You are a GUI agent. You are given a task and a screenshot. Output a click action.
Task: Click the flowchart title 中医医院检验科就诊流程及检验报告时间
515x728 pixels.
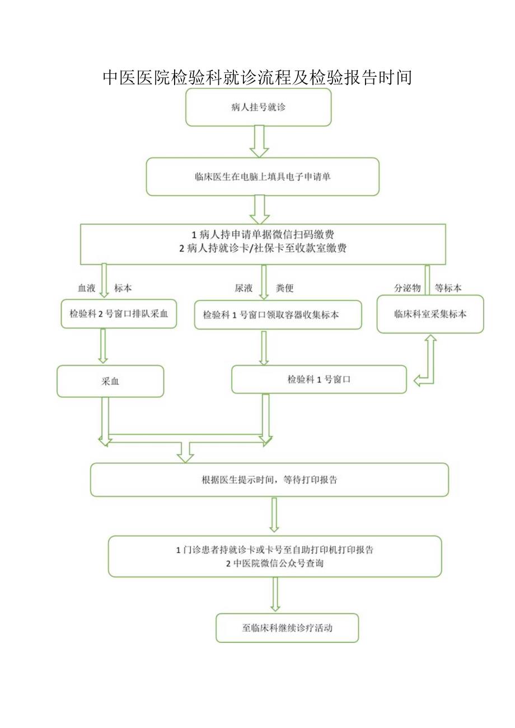coord(257,77)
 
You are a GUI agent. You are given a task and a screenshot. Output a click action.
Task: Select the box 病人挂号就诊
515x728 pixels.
coord(258,107)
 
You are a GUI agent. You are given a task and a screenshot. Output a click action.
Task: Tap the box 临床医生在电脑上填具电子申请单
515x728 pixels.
coord(263,176)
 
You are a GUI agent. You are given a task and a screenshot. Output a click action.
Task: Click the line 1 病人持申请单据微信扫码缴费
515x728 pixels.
coord(263,234)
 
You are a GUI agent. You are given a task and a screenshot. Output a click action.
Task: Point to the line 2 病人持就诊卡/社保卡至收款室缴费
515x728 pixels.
coord(263,249)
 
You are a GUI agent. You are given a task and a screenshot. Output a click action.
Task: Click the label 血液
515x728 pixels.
coord(86,288)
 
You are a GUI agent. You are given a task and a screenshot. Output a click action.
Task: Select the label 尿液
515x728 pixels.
coord(244,288)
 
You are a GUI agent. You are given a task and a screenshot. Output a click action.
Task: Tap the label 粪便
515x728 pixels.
coord(284,288)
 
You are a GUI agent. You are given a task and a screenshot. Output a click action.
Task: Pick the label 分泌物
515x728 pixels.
coord(407,288)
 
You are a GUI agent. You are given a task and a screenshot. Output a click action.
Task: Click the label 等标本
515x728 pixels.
coord(448,288)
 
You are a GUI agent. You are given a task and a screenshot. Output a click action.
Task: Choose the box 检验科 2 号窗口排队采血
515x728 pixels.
coord(119,314)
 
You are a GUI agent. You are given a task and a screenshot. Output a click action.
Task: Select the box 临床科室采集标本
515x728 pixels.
coord(430,314)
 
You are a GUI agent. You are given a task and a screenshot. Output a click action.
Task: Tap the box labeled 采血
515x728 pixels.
coord(110,382)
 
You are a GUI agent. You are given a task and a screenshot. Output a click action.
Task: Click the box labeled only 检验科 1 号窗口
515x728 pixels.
coord(319,379)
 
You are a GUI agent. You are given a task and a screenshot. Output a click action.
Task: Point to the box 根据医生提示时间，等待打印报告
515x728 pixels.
coord(269,480)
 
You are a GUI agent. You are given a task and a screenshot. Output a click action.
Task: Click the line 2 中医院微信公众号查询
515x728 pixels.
coord(274,564)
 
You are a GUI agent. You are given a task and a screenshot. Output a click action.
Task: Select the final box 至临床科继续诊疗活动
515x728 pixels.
coord(287,628)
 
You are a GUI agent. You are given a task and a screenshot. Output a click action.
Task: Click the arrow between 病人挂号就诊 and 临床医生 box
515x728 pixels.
coord(259,142)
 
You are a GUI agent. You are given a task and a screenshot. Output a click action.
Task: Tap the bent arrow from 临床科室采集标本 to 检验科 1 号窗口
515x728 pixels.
coord(429,364)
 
